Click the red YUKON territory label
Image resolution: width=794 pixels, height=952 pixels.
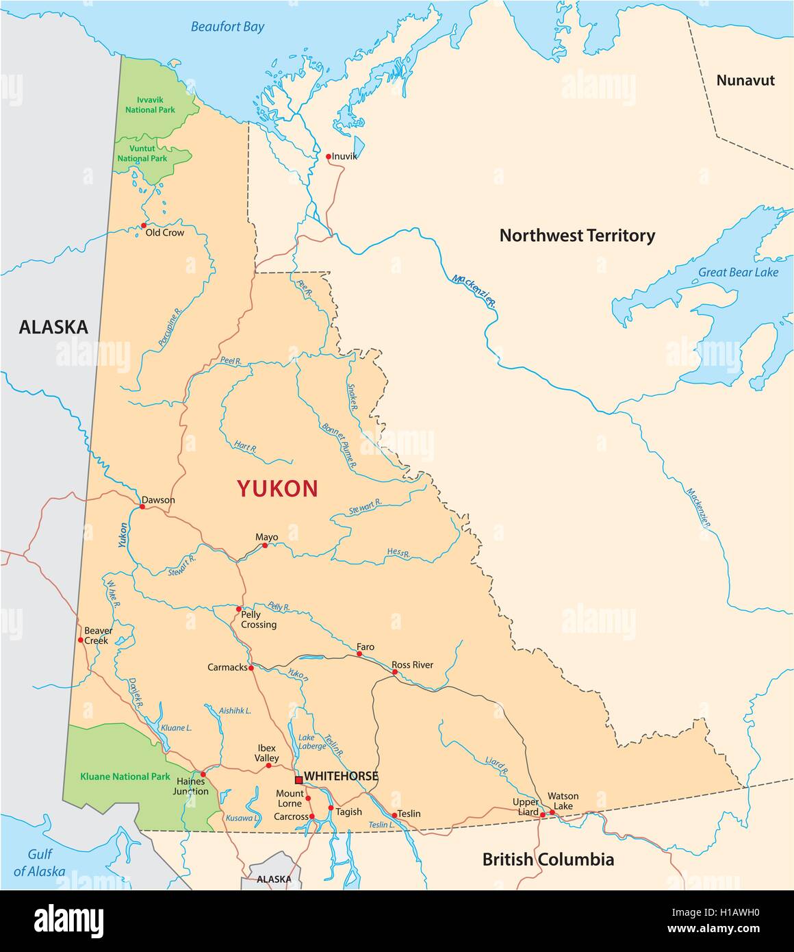click(x=277, y=488)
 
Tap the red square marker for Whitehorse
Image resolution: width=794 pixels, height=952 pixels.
click(x=298, y=779)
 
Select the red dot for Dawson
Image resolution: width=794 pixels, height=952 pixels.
click(x=142, y=507)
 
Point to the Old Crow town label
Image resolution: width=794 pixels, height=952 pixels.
click(x=165, y=233)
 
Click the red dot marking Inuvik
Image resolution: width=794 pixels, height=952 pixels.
click(x=329, y=157)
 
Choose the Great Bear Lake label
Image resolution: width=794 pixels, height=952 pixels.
click(x=738, y=272)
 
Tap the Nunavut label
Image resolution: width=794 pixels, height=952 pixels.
click(x=745, y=80)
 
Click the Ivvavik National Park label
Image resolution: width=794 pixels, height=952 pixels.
click(x=146, y=105)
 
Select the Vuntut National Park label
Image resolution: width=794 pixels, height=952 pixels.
click(x=142, y=153)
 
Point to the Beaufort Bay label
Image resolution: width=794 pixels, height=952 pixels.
click(x=227, y=27)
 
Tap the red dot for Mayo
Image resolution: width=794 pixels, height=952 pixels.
click(x=265, y=545)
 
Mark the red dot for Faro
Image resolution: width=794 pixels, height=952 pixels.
click(x=359, y=654)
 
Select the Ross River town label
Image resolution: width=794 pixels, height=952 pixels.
click(x=412, y=665)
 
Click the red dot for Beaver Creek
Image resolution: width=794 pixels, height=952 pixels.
click(x=80, y=640)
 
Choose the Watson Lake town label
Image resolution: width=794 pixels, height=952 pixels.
click(x=563, y=801)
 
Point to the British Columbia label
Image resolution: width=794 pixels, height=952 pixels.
click(x=548, y=859)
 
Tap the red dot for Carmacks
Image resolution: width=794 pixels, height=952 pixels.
click(x=251, y=668)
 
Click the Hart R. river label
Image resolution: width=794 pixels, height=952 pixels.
click(x=244, y=448)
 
